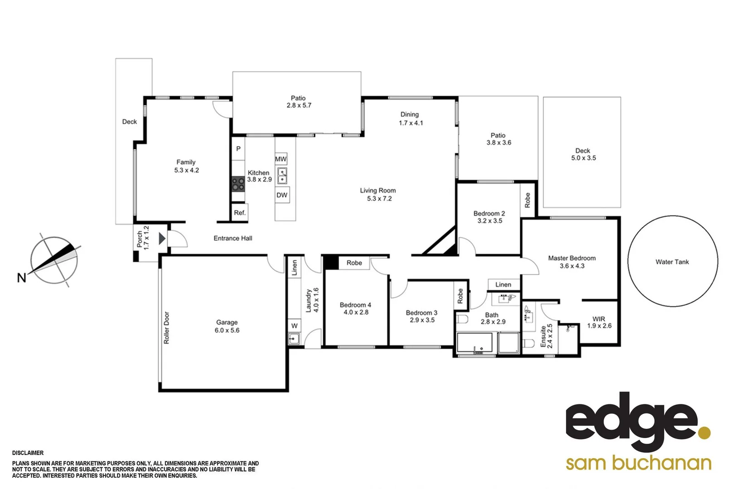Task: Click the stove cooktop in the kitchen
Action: pyautogui.click(x=238, y=184)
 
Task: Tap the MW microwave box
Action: pyautogui.click(x=281, y=159)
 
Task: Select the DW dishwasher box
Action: pyautogui.click(x=282, y=195)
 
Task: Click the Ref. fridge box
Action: pyautogui.click(x=240, y=212)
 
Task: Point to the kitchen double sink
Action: pyautogui.click(x=282, y=176)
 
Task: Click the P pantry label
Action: pyautogui.click(x=238, y=149)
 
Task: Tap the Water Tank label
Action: pyautogui.click(x=672, y=262)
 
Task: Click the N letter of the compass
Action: pyautogui.click(x=21, y=278)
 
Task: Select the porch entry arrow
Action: pyautogui.click(x=162, y=239)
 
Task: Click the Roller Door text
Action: pyautogui.click(x=166, y=327)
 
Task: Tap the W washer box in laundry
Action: pyautogui.click(x=295, y=326)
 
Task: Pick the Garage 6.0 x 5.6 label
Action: pyautogui.click(x=227, y=326)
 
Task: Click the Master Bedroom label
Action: pyautogui.click(x=572, y=262)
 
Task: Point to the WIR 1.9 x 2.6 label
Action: pyautogui.click(x=599, y=322)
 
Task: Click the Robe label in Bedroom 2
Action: pyautogui.click(x=527, y=200)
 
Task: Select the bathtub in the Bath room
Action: pyautogui.click(x=474, y=343)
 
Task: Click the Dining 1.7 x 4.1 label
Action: pyautogui.click(x=410, y=118)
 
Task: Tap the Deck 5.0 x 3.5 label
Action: pyautogui.click(x=583, y=154)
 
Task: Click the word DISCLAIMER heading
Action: pyautogui.click(x=28, y=453)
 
